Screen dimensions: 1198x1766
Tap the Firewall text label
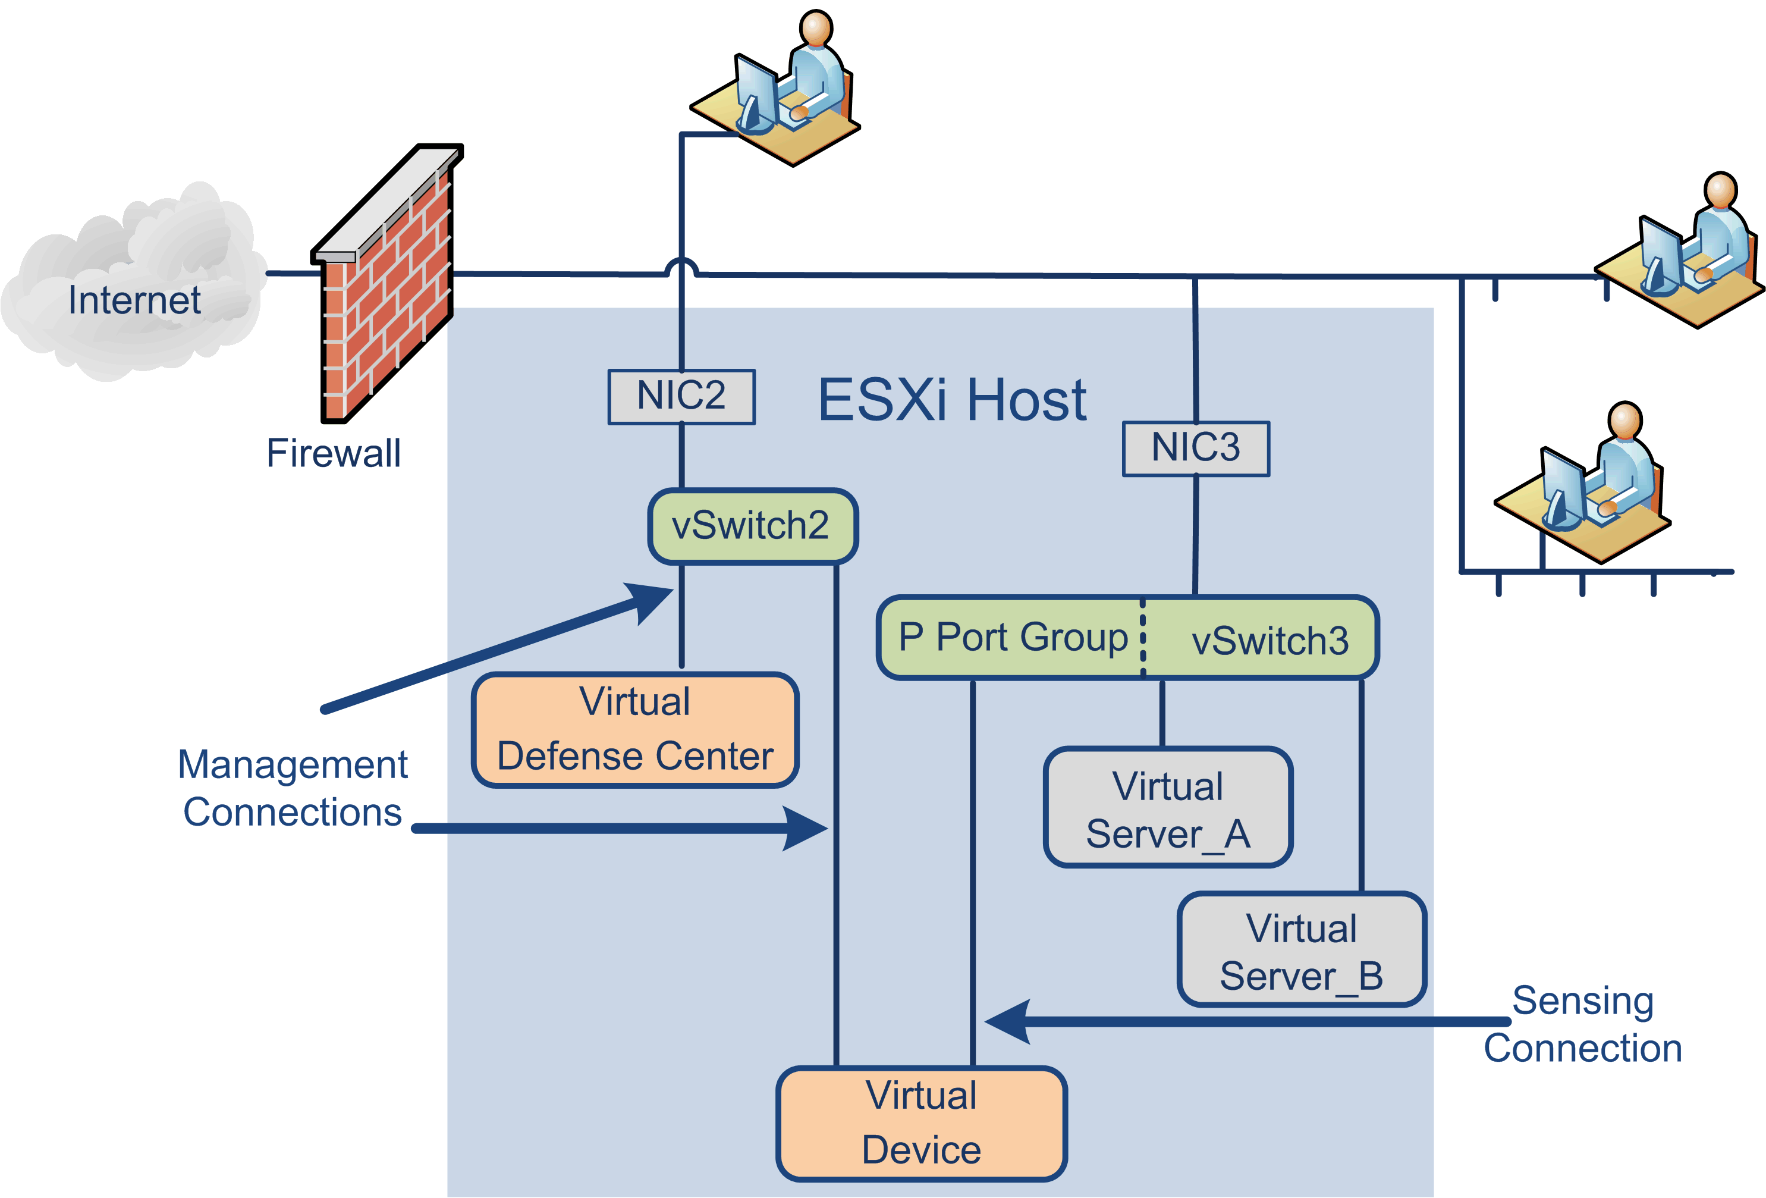click(333, 454)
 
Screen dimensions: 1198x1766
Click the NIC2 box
click(681, 397)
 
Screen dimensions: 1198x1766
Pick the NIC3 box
click(1196, 449)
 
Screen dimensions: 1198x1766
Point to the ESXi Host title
click(952, 400)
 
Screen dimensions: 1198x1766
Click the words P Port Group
click(1013, 637)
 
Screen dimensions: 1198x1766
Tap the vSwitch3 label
click(1269, 641)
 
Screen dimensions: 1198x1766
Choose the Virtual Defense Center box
click(635, 730)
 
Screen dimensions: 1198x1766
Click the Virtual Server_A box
click(1168, 808)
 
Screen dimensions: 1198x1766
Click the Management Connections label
click(293, 788)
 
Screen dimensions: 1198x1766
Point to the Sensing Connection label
click(1583, 1024)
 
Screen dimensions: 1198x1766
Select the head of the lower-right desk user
click(1626, 421)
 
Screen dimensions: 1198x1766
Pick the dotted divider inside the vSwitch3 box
click(1143, 637)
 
